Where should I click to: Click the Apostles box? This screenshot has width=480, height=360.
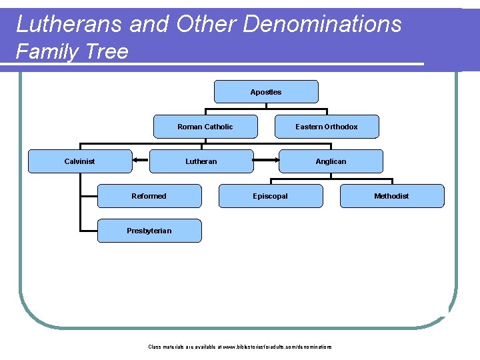pyautogui.click(x=266, y=92)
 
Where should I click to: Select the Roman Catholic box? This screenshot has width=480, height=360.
pyautogui.click(x=205, y=127)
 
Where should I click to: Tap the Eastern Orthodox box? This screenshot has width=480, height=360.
pyautogui.click(x=327, y=127)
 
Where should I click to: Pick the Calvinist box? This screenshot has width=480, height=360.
pyautogui.click(x=79, y=161)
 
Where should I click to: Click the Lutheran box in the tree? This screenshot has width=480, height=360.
pyautogui.click(x=201, y=161)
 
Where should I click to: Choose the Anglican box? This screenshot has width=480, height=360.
pyautogui.click(x=331, y=161)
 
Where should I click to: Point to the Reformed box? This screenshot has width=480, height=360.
pyautogui.click(x=149, y=196)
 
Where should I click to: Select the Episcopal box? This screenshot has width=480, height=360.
pyautogui.click(x=271, y=196)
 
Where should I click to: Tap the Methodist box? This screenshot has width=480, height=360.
pyautogui.click(x=392, y=196)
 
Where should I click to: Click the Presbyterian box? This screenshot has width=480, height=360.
pyautogui.click(x=149, y=231)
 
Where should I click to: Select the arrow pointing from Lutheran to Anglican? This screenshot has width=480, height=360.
pyautogui.click(x=267, y=161)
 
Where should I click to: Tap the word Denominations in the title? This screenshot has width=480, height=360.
pyautogui.click(x=323, y=25)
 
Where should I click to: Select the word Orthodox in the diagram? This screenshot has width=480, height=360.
pyautogui.click(x=341, y=127)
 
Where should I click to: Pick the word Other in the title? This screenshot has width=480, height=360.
pyautogui.click(x=207, y=25)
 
